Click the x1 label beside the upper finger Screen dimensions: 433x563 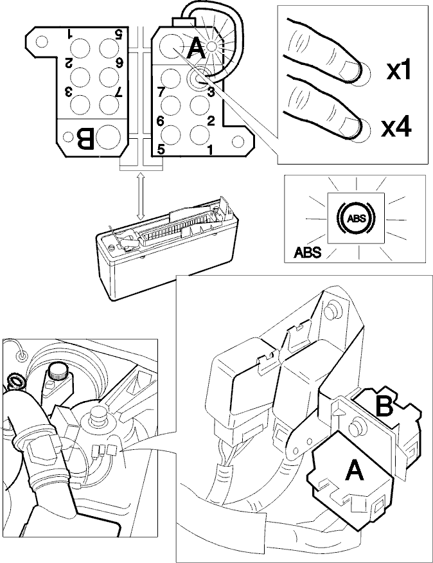click(x=398, y=71)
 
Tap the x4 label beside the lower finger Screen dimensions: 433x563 click(x=396, y=129)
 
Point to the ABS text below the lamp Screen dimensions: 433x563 click(x=307, y=252)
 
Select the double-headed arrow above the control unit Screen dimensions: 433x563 click(x=141, y=197)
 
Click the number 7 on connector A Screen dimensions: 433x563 click(x=161, y=92)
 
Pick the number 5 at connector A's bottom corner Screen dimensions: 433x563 click(x=161, y=149)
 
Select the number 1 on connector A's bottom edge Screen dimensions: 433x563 click(x=210, y=149)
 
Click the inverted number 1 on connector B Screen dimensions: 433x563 click(x=69, y=35)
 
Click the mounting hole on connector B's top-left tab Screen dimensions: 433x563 click(x=42, y=41)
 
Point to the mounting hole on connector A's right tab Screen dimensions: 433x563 click(x=238, y=141)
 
